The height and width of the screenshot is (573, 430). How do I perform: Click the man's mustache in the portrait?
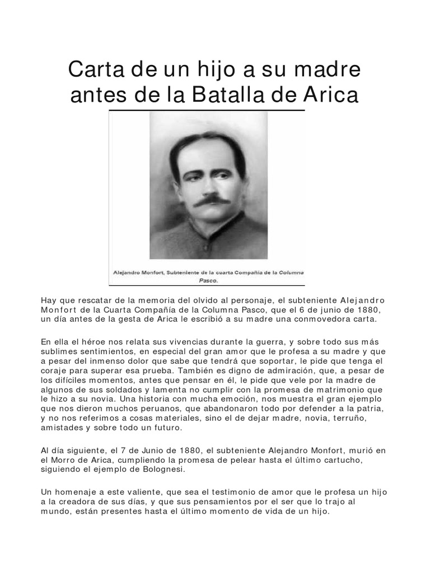click(212, 200)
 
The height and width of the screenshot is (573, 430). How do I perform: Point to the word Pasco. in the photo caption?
click(207, 281)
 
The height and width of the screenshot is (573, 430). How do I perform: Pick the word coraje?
click(54, 370)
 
